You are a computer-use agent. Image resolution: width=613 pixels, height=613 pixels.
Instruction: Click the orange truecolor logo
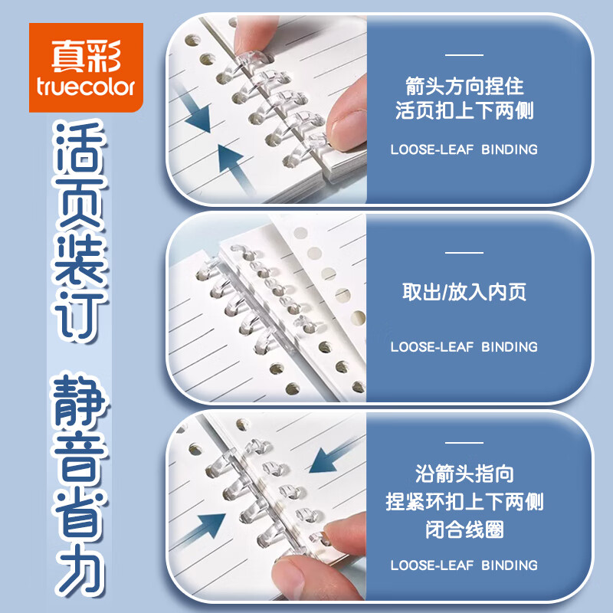(86, 67)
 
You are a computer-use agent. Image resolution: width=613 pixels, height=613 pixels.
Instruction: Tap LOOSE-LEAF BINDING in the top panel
(464, 149)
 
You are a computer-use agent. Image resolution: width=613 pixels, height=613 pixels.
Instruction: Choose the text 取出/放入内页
(464, 292)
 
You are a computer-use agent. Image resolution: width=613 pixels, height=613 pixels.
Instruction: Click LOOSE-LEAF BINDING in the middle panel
(464, 347)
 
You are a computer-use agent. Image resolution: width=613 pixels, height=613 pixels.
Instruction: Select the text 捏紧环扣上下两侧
(464, 502)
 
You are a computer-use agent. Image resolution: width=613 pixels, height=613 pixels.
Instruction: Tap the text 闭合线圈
(464, 529)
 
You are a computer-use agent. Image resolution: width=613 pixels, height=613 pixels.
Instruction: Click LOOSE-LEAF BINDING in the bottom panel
(464, 565)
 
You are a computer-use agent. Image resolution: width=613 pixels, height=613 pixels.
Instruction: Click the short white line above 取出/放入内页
(464, 252)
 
